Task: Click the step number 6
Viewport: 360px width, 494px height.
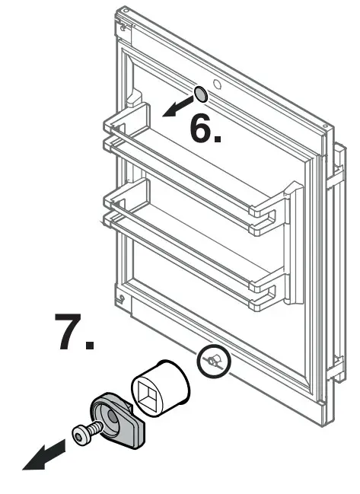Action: point(204,129)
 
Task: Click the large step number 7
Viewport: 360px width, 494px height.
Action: point(74,332)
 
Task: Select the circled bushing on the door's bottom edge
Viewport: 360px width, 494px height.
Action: point(214,362)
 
